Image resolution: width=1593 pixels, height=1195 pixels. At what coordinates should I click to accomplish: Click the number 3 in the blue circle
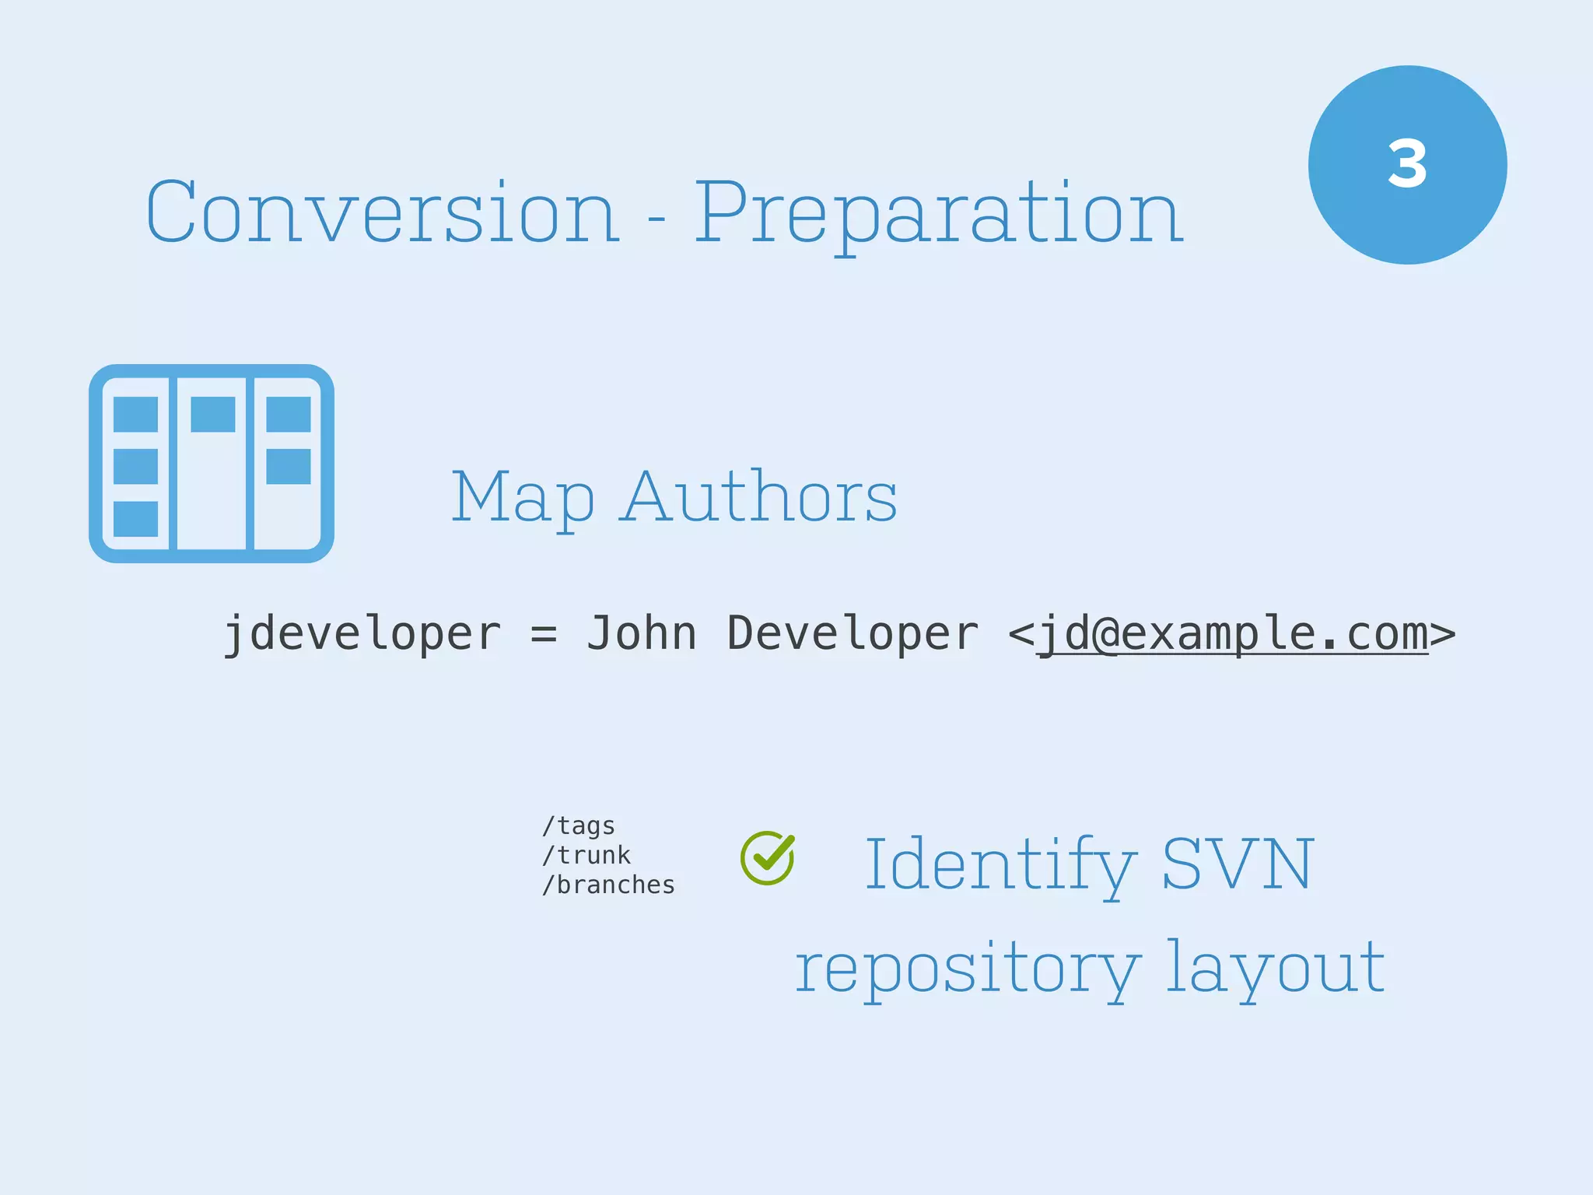(1407, 164)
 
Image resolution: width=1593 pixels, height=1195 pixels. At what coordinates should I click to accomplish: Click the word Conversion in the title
(383, 212)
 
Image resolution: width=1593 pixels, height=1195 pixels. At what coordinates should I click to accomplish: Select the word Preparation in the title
(939, 212)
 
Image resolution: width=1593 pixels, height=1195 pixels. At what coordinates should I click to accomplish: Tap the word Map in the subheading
(523, 498)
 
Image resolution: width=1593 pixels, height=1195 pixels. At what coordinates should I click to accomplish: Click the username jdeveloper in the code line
(362, 633)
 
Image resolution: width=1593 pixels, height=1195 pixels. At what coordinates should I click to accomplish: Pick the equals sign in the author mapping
(544, 633)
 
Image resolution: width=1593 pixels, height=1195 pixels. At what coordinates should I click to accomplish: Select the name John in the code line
(641, 633)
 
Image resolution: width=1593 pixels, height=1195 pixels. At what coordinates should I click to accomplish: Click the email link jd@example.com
(1233, 633)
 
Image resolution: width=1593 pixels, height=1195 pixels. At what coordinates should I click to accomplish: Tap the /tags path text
(579, 825)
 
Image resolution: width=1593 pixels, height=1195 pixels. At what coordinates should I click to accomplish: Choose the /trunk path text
(586, 855)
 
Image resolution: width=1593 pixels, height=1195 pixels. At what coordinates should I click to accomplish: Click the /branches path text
(608, 885)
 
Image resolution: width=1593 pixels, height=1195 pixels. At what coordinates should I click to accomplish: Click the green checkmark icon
(768, 857)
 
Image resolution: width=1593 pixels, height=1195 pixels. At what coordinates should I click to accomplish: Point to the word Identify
(1000, 865)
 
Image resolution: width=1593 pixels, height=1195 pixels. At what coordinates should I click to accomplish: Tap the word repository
(967, 969)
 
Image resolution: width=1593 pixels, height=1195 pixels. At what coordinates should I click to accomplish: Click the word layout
(1276, 969)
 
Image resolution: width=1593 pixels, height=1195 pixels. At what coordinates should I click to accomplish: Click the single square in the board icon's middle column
(212, 414)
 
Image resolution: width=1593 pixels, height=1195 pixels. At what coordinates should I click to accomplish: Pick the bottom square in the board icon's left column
(135, 518)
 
